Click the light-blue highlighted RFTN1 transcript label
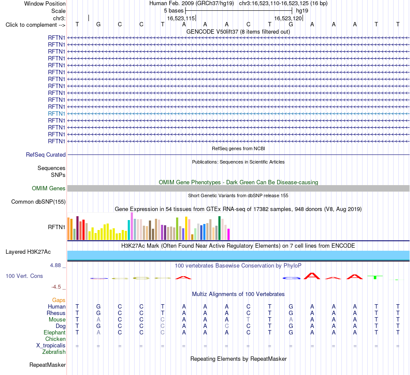pyautogui.click(x=57, y=113)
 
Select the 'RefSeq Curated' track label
pyautogui.click(x=46, y=154)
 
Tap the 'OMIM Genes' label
pyautogui.click(x=49, y=188)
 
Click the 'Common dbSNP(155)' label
pyautogui.click(x=38, y=202)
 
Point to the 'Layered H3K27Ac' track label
pyautogui.click(x=28, y=252)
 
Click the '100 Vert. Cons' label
pyautogui.click(x=24, y=276)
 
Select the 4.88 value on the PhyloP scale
pyautogui.click(x=55, y=265)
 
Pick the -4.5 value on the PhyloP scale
pyautogui.click(x=56, y=287)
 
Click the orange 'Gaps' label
pyautogui.click(x=59, y=300)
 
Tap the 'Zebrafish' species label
pyautogui.click(x=54, y=352)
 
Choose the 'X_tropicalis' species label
pyautogui.click(x=51, y=346)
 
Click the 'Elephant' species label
pyautogui.click(x=54, y=332)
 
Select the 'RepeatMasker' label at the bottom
pyautogui.click(x=47, y=365)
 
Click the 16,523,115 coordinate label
pyautogui.click(x=181, y=18)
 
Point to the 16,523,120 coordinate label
pyautogui.click(x=288, y=18)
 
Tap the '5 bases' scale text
pyautogui.click(x=174, y=11)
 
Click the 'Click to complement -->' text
pyautogui.click(x=35, y=25)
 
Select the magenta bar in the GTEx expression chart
pyautogui.click(x=229, y=234)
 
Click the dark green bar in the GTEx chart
pyautogui.click(x=220, y=228)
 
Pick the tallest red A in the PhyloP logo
pyautogui.click(x=312, y=276)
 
